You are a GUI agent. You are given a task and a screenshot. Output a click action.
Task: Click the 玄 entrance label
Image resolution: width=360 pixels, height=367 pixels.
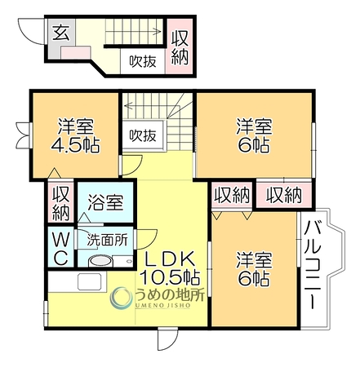[x=60, y=33]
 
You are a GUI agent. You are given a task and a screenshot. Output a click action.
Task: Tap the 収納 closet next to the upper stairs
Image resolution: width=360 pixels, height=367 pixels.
[x=180, y=46]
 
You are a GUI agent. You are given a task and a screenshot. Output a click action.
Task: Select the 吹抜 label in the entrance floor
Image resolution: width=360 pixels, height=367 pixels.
[x=143, y=61]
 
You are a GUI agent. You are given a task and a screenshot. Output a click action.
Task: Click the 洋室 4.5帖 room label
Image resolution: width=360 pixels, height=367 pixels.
[x=75, y=135]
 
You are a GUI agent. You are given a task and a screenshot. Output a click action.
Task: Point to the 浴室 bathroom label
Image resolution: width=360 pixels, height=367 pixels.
[x=105, y=202]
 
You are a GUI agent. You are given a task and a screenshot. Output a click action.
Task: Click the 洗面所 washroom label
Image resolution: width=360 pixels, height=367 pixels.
[x=107, y=240]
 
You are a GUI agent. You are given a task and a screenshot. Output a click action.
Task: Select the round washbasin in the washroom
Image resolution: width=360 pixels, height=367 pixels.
[x=100, y=262]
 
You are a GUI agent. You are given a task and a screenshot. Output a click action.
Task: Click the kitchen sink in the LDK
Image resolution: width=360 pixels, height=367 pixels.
[x=89, y=281]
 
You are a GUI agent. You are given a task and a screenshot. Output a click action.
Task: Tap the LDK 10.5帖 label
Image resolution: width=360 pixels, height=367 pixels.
[x=170, y=268]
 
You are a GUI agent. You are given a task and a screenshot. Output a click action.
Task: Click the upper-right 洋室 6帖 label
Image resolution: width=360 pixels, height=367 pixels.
[x=254, y=135]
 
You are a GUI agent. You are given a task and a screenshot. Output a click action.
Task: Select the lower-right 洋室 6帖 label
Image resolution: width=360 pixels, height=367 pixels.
[x=254, y=269]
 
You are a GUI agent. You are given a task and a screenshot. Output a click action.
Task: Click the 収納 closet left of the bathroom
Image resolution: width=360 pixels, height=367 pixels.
[x=60, y=203]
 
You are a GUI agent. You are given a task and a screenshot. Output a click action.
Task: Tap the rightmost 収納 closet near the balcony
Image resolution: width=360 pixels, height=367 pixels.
[x=284, y=195]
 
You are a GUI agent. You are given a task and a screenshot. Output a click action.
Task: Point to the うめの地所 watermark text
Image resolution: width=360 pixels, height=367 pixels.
[x=170, y=295]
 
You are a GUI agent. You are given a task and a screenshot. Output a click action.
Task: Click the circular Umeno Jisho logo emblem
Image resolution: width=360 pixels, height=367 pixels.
[x=122, y=298]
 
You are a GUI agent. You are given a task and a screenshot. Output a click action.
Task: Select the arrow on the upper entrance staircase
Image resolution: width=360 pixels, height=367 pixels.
[x=133, y=31]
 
